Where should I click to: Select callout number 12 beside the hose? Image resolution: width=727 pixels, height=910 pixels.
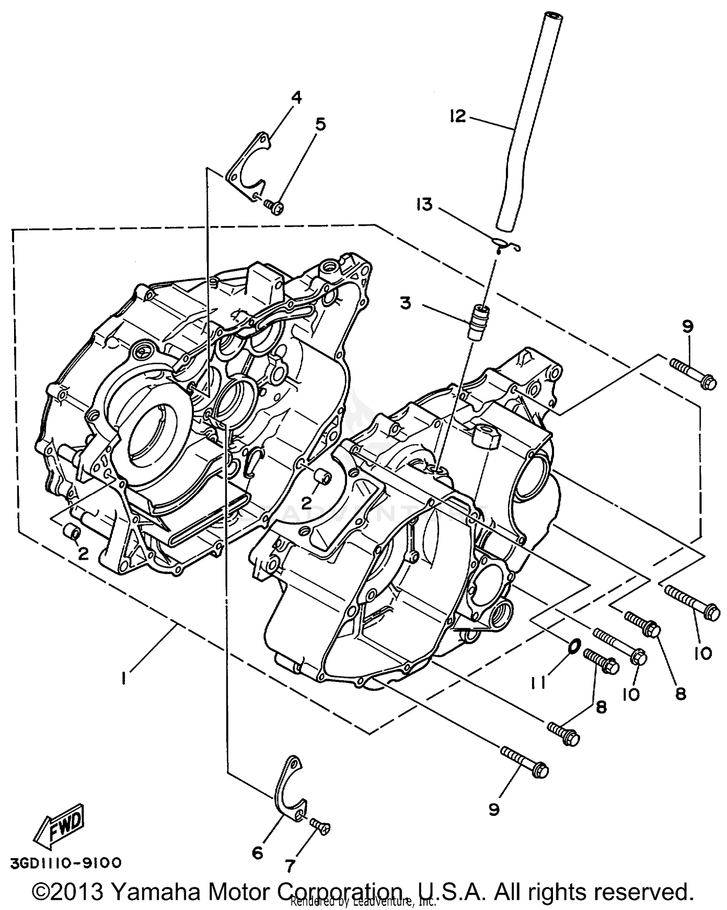pos(458,116)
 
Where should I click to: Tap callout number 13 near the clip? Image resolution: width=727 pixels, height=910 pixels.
pos(424,205)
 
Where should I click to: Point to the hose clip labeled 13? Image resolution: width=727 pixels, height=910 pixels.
pos(506,245)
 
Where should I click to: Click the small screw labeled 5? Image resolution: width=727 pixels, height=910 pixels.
pos(275,207)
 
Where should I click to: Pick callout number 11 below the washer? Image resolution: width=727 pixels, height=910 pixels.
pos(537,682)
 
